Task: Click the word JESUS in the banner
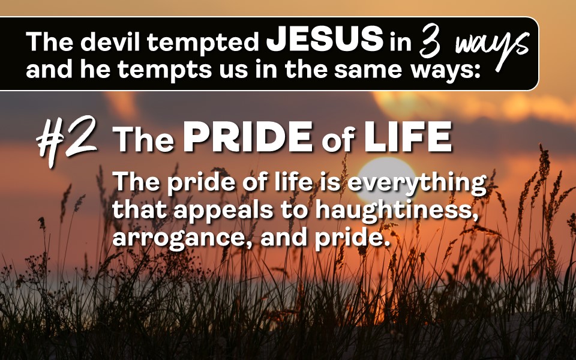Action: pos(325,38)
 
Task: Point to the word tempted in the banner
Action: pos(203,42)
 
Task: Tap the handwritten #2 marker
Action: pos(66,140)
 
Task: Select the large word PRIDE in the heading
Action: pos(248,137)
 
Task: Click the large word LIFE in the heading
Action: pos(408,137)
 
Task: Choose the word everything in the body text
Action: pos(416,182)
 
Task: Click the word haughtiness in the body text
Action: pos(397,210)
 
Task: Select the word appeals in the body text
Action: pos(223,211)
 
